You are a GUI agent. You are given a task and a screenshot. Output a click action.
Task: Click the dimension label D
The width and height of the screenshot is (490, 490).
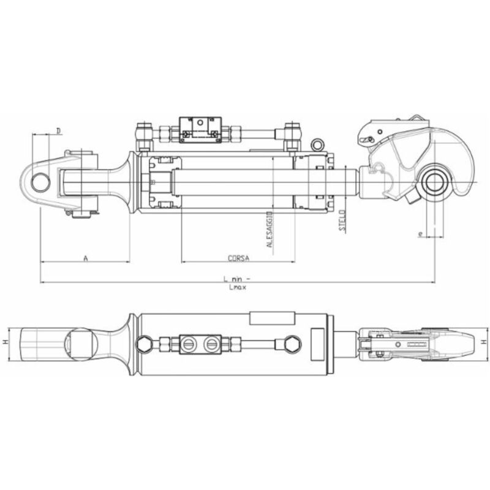58,130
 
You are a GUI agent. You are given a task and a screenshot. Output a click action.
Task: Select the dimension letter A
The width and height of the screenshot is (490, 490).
86,258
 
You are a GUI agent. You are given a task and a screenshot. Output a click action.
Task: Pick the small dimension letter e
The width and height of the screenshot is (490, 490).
420,233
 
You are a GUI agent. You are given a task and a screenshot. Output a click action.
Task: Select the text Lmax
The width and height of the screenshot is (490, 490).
236,287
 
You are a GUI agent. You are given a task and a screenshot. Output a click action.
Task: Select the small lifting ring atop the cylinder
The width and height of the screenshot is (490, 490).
317,145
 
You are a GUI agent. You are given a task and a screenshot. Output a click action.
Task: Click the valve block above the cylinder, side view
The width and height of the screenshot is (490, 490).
200,129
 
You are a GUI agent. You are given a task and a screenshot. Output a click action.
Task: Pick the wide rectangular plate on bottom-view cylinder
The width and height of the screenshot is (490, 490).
273,318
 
